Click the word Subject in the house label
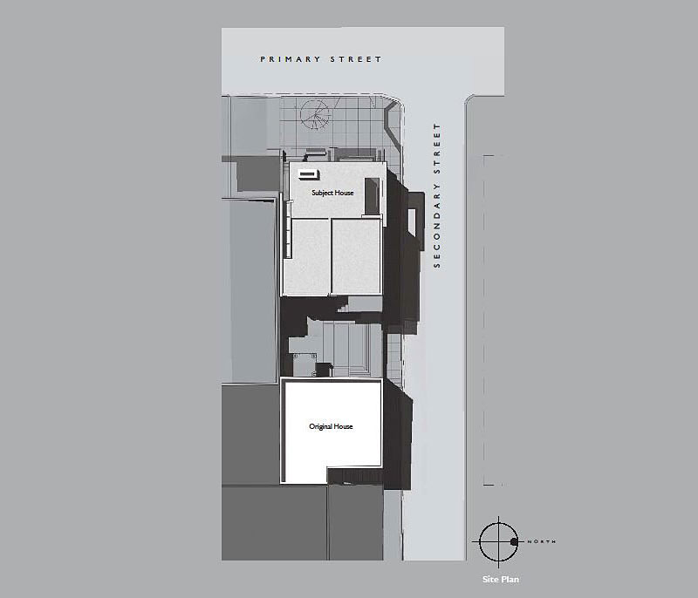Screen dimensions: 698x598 (x=321, y=193)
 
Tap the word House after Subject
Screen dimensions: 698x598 (x=343, y=193)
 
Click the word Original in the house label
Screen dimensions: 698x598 (x=320, y=426)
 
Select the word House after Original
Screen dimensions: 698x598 (x=343, y=426)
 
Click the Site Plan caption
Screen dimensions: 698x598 (x=501, y=580)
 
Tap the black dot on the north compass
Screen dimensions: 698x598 (x=514, y=542)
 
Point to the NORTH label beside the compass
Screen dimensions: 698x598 (x=541, y=541)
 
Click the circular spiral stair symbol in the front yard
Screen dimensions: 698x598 (x=316, y=115)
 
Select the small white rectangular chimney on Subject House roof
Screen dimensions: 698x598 (x=309, y=174)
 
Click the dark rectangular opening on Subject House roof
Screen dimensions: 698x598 (x=372, y=195)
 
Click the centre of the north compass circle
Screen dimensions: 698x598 (x=498, y=542)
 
